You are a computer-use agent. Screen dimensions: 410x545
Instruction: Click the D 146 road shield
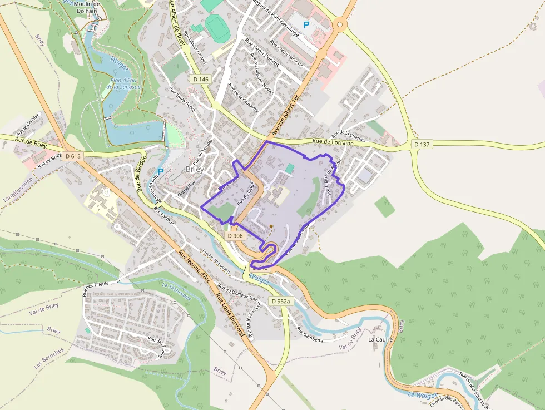201,80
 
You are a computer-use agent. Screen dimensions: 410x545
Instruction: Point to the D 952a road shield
281,301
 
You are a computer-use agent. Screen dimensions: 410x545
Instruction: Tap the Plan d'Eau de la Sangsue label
124,84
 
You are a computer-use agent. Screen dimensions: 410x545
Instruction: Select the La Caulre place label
380,339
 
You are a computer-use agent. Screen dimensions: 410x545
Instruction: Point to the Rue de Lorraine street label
333,142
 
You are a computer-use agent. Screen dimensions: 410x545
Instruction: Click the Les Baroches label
49,362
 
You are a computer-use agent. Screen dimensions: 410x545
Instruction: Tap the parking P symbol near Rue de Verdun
161,172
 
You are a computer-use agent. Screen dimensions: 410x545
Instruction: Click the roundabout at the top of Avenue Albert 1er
340,24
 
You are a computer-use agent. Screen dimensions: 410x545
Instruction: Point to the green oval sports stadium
217,27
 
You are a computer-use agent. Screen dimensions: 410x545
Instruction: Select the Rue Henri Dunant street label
262,53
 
